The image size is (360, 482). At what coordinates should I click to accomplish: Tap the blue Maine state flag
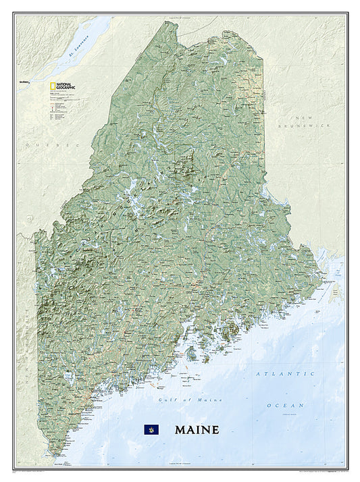149,429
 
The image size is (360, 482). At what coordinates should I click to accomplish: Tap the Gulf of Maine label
180,400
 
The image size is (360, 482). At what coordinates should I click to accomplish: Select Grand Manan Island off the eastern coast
334,292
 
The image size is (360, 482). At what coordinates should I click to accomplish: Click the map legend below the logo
57,108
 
